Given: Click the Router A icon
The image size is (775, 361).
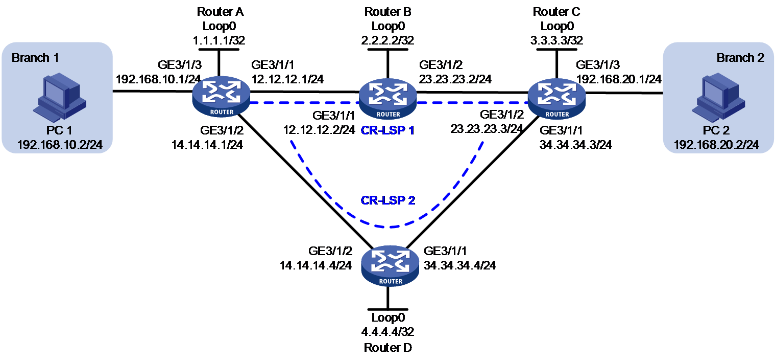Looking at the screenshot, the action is click(x=221, y=96).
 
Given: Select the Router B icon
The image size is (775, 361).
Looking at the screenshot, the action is click(x=388, y=98).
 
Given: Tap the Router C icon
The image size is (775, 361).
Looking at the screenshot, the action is click(x=556, y=98).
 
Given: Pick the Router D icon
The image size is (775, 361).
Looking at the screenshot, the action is click(x=390, y=266).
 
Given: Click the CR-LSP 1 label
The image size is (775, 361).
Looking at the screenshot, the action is click(x=387, y=130).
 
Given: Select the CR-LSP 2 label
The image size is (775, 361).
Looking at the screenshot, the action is click(x=388, y=200).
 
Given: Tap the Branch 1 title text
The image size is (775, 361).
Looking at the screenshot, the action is click(x=35, y=57).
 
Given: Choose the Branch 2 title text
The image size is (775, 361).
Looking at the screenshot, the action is click(x=740, y=57).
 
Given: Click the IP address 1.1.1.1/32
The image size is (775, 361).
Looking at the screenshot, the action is click(x=219, y=40).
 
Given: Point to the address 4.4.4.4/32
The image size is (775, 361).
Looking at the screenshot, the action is click(x=388, y=332).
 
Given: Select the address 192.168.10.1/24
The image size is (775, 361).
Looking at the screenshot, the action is click(x=158, y=79).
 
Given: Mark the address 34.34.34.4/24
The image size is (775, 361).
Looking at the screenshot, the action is click(x=460, y=265).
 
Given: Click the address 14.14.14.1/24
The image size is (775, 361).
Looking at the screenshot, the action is click(x=207, y=145).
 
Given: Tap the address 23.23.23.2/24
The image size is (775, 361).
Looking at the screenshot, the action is click(x=455, y=79).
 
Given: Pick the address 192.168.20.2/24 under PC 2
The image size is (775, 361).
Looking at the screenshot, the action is click(x=716, y=145).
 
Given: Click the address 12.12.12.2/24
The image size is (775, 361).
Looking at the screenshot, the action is click(x=319, y=130).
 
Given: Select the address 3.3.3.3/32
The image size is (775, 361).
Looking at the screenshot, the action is click(x=556, y=40).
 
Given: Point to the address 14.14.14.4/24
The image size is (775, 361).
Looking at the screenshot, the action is click(x=316, y=265).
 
